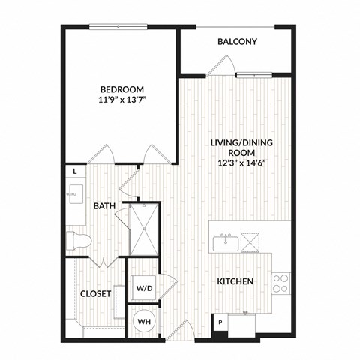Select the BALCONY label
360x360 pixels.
pos(237,42)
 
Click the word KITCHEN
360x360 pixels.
pos(234,281)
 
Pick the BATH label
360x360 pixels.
pos(103,205)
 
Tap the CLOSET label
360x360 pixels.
pos(96,294)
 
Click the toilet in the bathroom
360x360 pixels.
pos(78,241)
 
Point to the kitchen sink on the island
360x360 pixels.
pos(225,242)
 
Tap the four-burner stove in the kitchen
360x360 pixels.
pos(280,283)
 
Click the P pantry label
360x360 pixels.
pos(220,323)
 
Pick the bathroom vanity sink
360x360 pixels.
pos(75,197)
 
